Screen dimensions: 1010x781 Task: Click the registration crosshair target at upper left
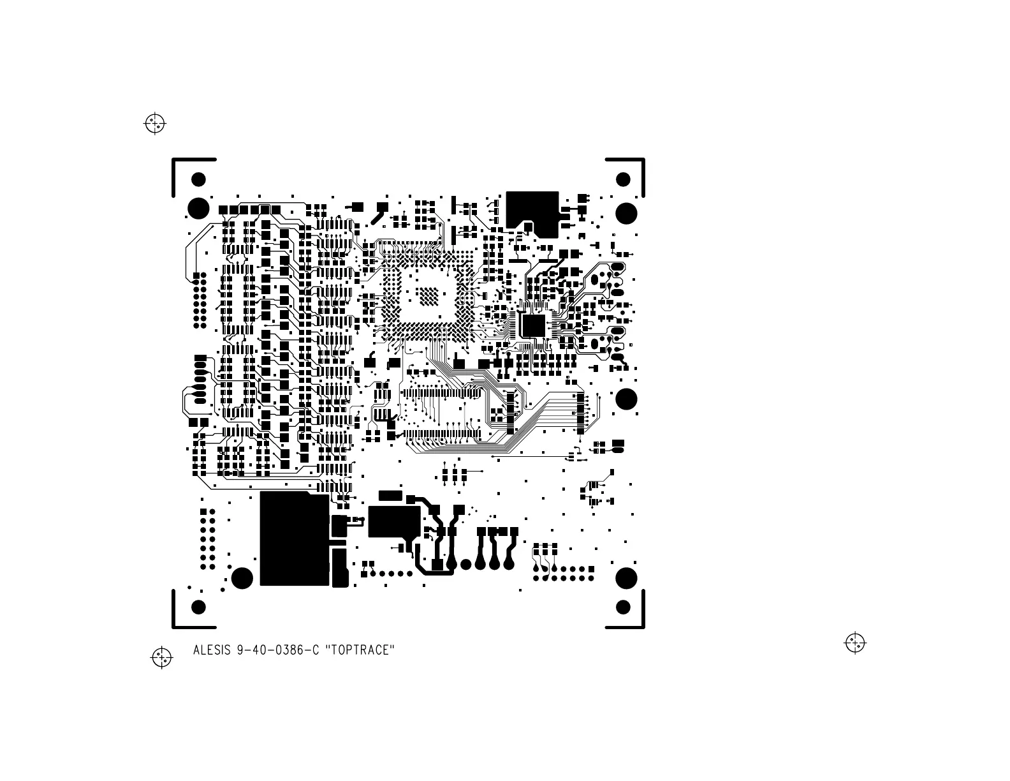tap(155, 123)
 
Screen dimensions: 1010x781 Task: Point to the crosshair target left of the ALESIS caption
tap(162, 657)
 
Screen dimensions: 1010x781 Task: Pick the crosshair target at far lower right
tap(855, 643)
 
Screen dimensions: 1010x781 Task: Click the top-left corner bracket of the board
tap(182, 167)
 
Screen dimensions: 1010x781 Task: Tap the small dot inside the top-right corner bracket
tap(624, 179)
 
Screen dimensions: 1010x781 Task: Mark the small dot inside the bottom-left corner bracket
tap(198, 607)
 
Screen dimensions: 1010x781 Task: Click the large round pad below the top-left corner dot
tap(198, 208)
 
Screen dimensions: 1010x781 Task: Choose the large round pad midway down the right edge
tap(626, 399)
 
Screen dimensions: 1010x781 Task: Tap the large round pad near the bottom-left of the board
tap(242, 578)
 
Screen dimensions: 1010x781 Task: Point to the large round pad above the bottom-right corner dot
tap(626, 578)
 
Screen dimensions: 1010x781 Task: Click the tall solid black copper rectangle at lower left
tap(294, 539)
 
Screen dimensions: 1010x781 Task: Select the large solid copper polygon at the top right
tap(532, 209)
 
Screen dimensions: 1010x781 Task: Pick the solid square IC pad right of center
tap(533, 325)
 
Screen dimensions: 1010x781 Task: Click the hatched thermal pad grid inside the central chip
tap(428, 295)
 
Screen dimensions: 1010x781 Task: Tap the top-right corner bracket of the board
tap(634, 167)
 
